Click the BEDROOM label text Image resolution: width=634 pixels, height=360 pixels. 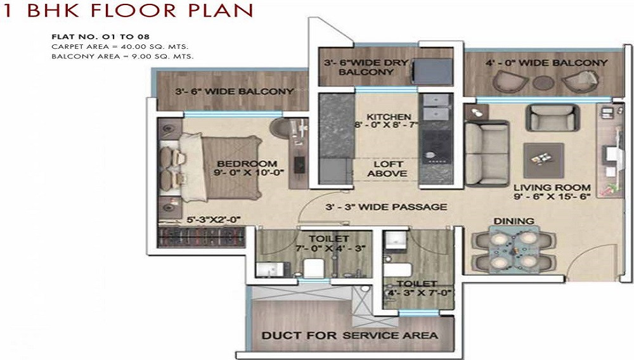[247, 164]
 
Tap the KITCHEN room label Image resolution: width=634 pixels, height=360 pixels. [389, 117]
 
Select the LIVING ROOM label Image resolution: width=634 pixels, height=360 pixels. [552, 188]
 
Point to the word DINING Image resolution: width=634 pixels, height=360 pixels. [514, 221]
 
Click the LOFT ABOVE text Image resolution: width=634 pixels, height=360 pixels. [388, 169]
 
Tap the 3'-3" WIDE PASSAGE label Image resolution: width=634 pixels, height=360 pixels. [386, 207]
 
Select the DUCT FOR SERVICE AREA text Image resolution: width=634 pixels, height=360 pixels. [350, 335]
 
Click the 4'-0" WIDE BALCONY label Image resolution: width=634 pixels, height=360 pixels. [547, 63]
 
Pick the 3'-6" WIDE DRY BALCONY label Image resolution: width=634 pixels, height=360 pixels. [366, 67]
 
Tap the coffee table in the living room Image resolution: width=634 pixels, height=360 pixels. [543, 160]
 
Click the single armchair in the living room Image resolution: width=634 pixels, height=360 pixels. [552, 117]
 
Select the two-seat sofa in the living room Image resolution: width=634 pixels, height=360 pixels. [486, 153]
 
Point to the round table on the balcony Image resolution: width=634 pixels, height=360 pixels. [543, 82]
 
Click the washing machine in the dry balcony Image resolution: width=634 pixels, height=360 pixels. [432, 71]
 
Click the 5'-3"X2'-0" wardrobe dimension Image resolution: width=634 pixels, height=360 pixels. [214, 220]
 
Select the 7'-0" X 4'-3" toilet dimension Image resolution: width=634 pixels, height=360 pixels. [330, 248]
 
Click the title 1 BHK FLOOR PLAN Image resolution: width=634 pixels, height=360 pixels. [127, 10]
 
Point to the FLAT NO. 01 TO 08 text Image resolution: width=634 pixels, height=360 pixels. [100, 37]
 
